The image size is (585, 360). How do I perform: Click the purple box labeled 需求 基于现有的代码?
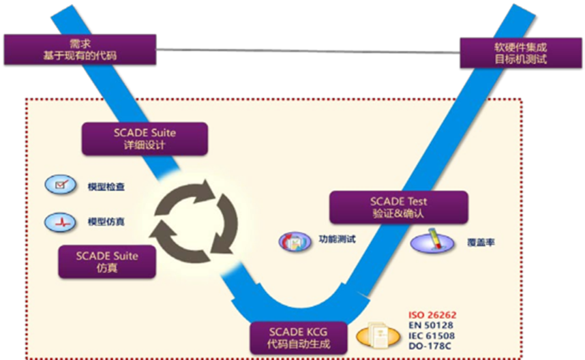[x=79, y=49]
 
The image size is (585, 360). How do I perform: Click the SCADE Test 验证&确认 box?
[x=399, y=207]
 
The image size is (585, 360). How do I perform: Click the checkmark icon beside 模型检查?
[x=59, y=185]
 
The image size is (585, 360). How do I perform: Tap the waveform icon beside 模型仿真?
[x=59, y=222]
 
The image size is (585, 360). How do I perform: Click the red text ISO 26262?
[x=432, y=315]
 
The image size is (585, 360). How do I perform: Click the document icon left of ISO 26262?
[x=380, y=335]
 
